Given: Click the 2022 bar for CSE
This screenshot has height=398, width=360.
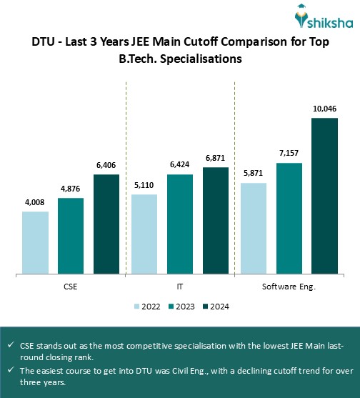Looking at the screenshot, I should point(35,242).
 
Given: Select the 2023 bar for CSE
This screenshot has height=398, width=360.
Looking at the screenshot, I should point(71,236).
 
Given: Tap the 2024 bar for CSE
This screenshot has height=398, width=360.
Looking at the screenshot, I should point(106,224).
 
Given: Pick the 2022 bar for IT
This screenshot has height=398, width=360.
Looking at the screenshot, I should point(144,234).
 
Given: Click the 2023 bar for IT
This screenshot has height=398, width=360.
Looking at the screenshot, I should point(180,224).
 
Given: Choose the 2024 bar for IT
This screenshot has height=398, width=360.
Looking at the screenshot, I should point(216,220).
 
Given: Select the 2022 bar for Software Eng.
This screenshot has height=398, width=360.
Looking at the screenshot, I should point(254,228).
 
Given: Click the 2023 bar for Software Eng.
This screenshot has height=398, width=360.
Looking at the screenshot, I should point(289,218).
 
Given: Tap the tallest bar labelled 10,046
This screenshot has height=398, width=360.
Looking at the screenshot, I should point(324,195).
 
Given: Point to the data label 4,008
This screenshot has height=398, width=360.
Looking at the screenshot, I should point(35,203).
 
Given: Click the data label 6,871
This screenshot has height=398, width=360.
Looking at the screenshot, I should point(216,159).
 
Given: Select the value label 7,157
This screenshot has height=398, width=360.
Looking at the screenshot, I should point(289,154).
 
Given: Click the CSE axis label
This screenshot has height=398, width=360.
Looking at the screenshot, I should point(71,286).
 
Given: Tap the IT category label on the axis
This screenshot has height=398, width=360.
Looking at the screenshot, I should point(180,286).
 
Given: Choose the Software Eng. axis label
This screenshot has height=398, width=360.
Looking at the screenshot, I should point(289,286).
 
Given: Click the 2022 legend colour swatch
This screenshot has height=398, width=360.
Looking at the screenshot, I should point(137,307).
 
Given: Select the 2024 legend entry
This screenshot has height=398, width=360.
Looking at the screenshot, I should point(216,307).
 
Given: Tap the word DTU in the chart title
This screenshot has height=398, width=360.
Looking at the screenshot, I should point(44,42).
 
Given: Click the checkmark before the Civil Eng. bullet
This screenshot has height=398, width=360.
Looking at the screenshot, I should point(11,370).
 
